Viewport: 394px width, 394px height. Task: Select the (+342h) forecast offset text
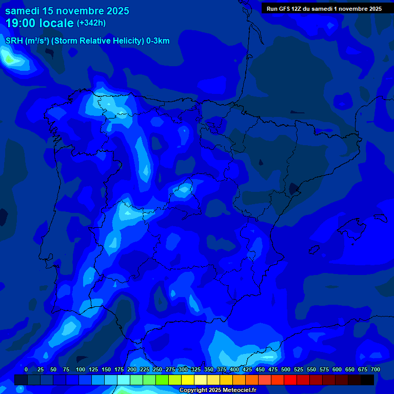coord(91,23)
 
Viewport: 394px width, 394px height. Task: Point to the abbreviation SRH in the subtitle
coord(14,41)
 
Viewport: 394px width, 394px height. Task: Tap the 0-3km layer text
coord(157,41)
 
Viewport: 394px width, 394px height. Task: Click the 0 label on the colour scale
coord(26,369)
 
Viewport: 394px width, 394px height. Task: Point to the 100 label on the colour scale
coord(80,369)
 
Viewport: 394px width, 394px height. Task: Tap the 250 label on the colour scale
coord(157,369)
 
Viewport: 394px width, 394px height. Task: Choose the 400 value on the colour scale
coord(234,369)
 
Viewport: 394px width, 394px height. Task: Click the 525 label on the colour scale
coord(298,369)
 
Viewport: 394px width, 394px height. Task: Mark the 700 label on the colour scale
coord(375,369)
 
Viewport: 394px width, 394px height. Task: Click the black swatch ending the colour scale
coord(367,380)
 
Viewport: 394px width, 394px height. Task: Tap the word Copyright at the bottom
coord(194,390)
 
